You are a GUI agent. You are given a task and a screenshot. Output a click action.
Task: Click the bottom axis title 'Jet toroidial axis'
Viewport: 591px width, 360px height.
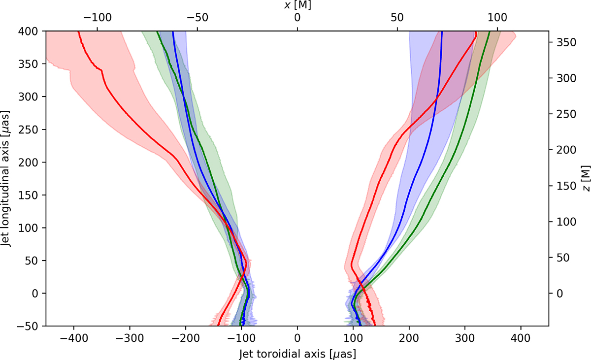click(297, 354)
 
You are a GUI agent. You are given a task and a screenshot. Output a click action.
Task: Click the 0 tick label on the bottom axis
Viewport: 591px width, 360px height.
click(297, 339)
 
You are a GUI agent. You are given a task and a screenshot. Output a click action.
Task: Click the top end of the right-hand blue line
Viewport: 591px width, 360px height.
click(442, 32)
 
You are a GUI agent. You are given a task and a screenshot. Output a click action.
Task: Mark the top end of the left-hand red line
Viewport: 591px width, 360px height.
click(78, 32)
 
